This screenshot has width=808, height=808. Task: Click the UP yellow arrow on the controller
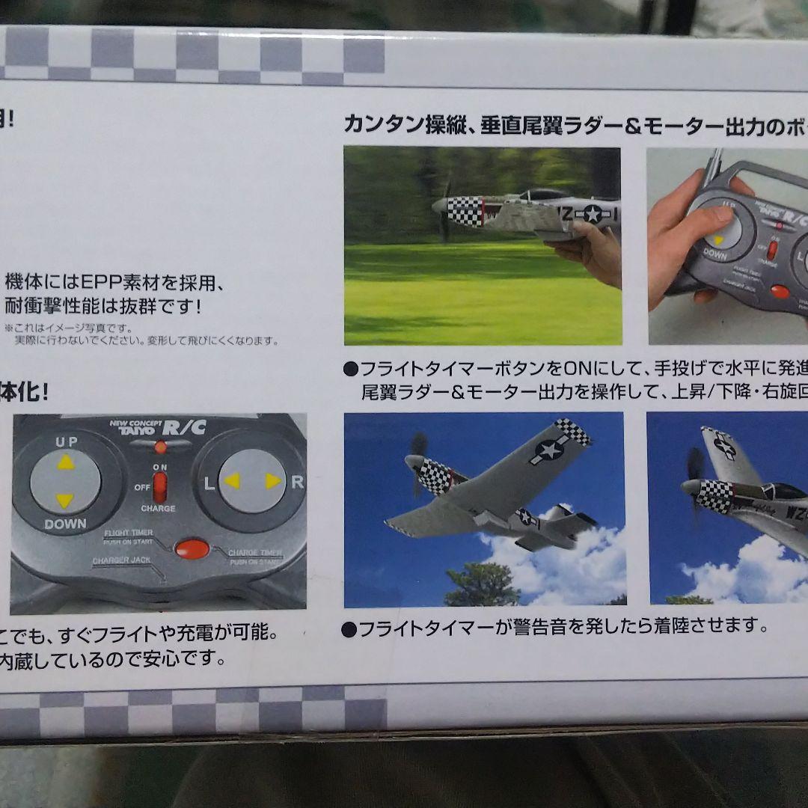(x=66, y=462)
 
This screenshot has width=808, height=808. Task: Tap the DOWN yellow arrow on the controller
(x=66, y=500)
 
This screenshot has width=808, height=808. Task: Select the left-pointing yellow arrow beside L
(x=232, y=481)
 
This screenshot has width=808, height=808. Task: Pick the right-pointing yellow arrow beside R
(x=273, y=481)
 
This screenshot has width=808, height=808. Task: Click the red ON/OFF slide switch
(x=160, y=487)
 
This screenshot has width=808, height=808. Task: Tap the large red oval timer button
(x=192, y=548)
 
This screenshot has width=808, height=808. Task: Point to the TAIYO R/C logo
(x=159, y=427)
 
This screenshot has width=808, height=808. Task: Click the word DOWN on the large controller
(x=65, y=524)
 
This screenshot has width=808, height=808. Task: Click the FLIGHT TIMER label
(x=128, y=533)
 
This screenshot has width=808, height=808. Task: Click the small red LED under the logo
(x=160, y=447)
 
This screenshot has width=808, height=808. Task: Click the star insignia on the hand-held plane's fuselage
(x=593, y=213)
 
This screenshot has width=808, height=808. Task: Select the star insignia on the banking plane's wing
(x=550, y=449)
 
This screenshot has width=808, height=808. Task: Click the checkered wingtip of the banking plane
(x=573, y=431)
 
